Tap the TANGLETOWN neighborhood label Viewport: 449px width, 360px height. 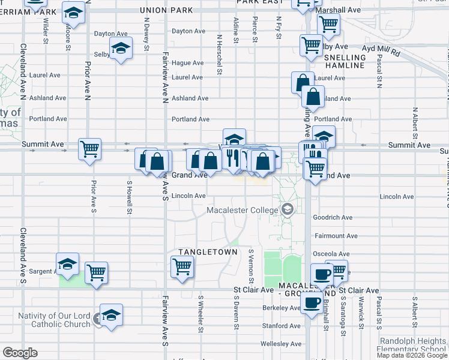(x=208, y=252)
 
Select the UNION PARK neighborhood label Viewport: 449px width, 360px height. (x=166, y=10)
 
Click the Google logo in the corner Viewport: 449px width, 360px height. (x=20, y=353)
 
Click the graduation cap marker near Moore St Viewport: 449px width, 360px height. (x=73, y=13)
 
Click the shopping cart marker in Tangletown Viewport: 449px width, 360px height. (x=181, y=266)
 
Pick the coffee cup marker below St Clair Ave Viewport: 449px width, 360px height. (x=312, y=303)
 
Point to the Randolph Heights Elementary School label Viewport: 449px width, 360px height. (x=412, y=345)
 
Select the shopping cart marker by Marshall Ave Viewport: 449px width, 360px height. (x=328, y=25)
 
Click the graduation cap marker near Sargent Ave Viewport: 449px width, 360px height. (x=68, y=263)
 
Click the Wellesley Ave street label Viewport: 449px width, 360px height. (x=281, y=344)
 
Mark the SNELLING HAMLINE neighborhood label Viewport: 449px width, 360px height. (x=345, y=61)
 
